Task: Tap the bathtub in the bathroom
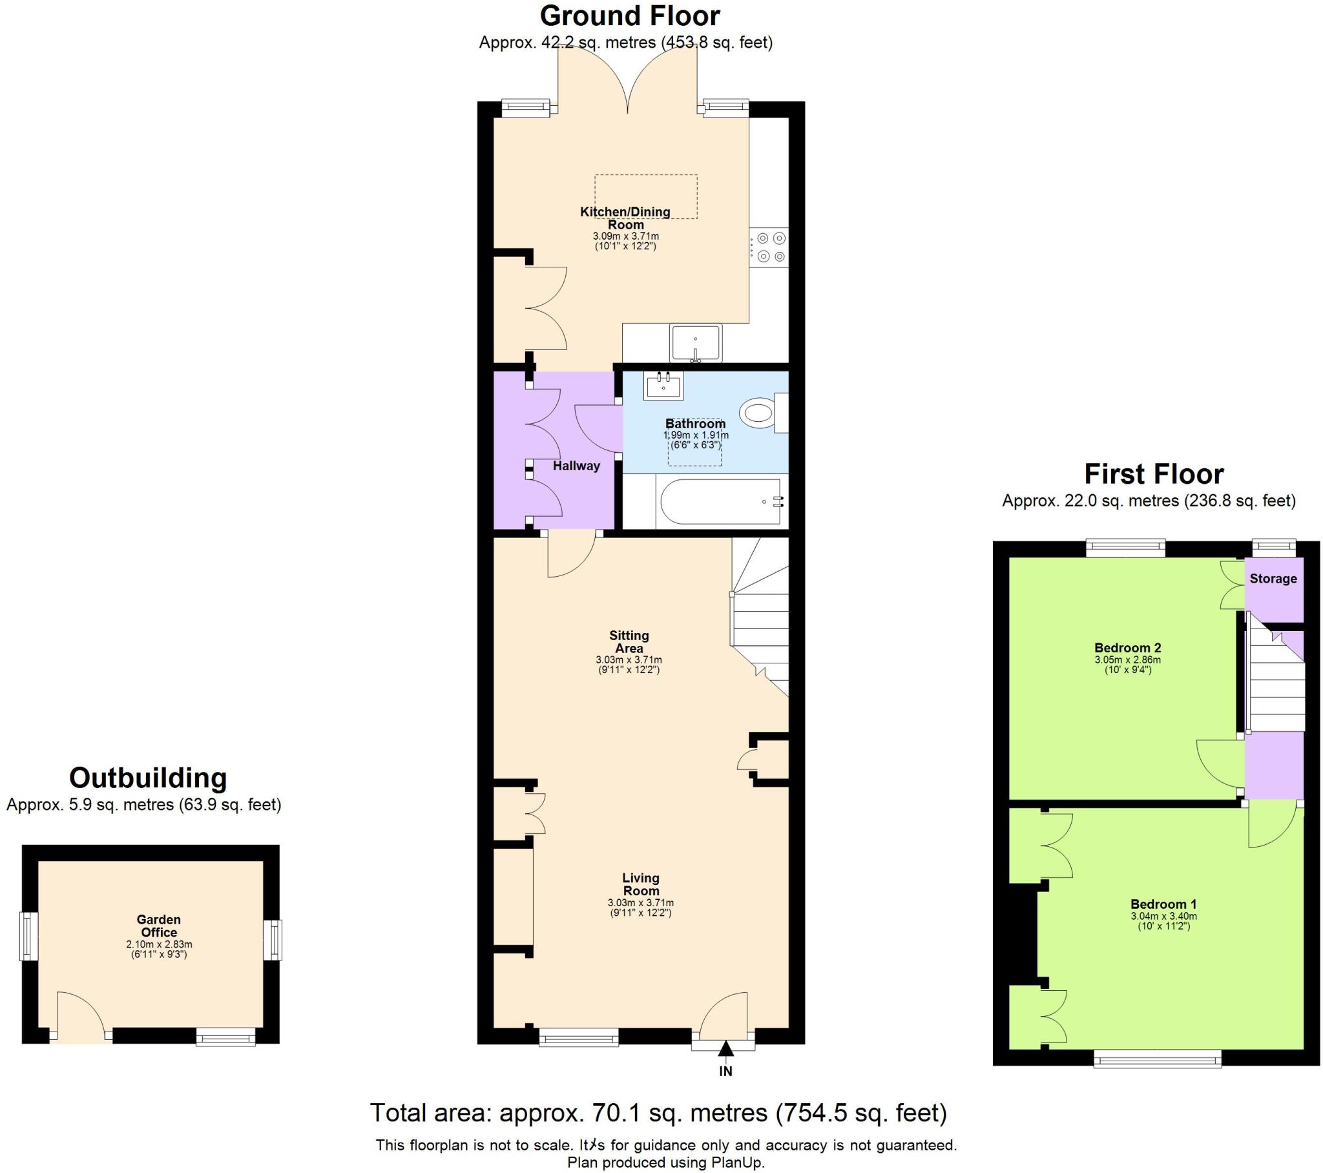pos(720,502)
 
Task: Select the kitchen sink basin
pos(696,342)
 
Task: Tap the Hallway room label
pos(576,466)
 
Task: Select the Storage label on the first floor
pos(1273,579)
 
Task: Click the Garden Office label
pos(158,926)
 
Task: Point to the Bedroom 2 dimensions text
pos(1127,665)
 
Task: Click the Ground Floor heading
pos(629,16)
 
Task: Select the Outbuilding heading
pos(147,778)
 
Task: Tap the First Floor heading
pos(1153,474)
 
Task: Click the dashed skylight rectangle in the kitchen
pos(646,196)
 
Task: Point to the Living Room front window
pos(579,1040)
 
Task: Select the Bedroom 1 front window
pos(1157,1060)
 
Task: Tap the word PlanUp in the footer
pos(740,1162)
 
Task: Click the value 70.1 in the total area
pos(616,1113)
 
